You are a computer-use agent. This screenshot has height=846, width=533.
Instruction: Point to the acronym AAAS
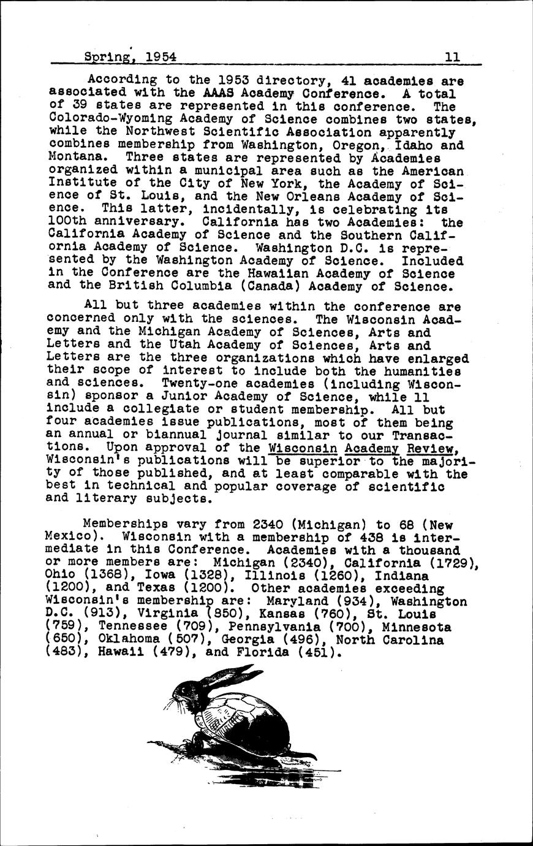[219, 93]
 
